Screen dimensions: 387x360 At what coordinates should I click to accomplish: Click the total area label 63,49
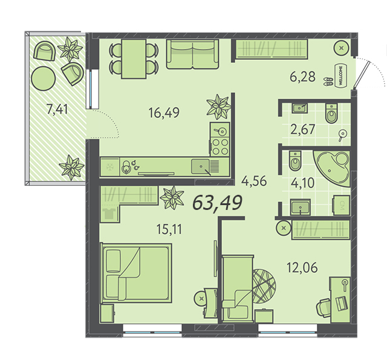pos(217,203)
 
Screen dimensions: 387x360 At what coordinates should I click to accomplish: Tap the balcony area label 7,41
pos(57,109)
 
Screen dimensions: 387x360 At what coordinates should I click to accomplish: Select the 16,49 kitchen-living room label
pos(164,113)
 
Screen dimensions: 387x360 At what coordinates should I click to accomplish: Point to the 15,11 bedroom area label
pos(169,229)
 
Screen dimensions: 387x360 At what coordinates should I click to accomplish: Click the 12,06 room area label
pos(302,267)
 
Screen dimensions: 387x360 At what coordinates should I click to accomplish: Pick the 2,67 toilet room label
pos(303,129)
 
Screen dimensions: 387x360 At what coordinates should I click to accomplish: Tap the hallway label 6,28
pos(302,77)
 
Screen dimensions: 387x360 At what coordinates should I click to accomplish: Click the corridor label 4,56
pos(254,181)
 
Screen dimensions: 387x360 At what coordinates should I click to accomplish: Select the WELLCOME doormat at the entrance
pos(341,76)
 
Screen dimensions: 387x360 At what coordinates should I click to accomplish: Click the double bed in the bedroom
pos(137,273)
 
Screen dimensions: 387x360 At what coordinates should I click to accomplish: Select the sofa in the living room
pos(192,54)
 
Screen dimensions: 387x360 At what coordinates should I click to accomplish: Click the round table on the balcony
pos(43,79)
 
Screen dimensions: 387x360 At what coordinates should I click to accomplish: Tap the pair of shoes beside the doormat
pos(328,82)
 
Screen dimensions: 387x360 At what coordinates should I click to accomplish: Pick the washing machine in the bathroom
pos(341,206)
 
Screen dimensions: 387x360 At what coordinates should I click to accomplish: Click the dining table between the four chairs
pos(134,59)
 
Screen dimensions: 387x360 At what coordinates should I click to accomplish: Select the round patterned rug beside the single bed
pos(264,286)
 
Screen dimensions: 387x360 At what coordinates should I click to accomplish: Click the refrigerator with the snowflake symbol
pos(109,167)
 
